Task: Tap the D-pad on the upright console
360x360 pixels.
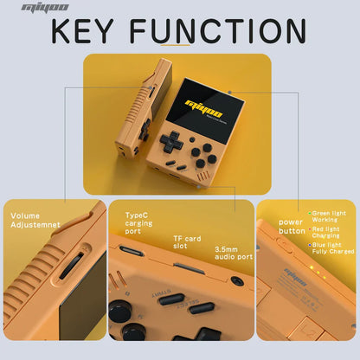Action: pyautogui.click(x=171, y=140)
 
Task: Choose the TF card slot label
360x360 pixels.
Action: pyautogui.click(x=185, y=242)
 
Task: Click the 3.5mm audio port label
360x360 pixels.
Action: pyautogui.click(x=233, y=252)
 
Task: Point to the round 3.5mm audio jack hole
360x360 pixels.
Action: pyautogui.click(x=236, y=281)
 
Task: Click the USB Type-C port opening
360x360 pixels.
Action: pyautogui.click(x=132, y=252)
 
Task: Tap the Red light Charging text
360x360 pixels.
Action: pyautogui.click(x=329, y=232)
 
